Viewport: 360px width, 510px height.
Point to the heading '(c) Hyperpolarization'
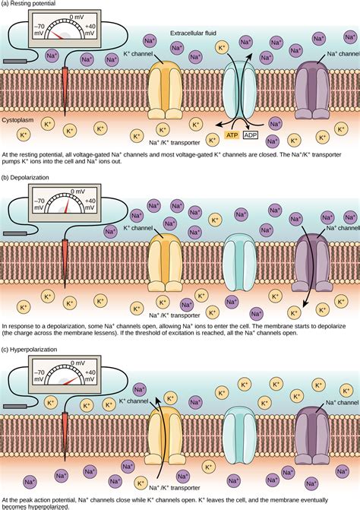tap(36, 350)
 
